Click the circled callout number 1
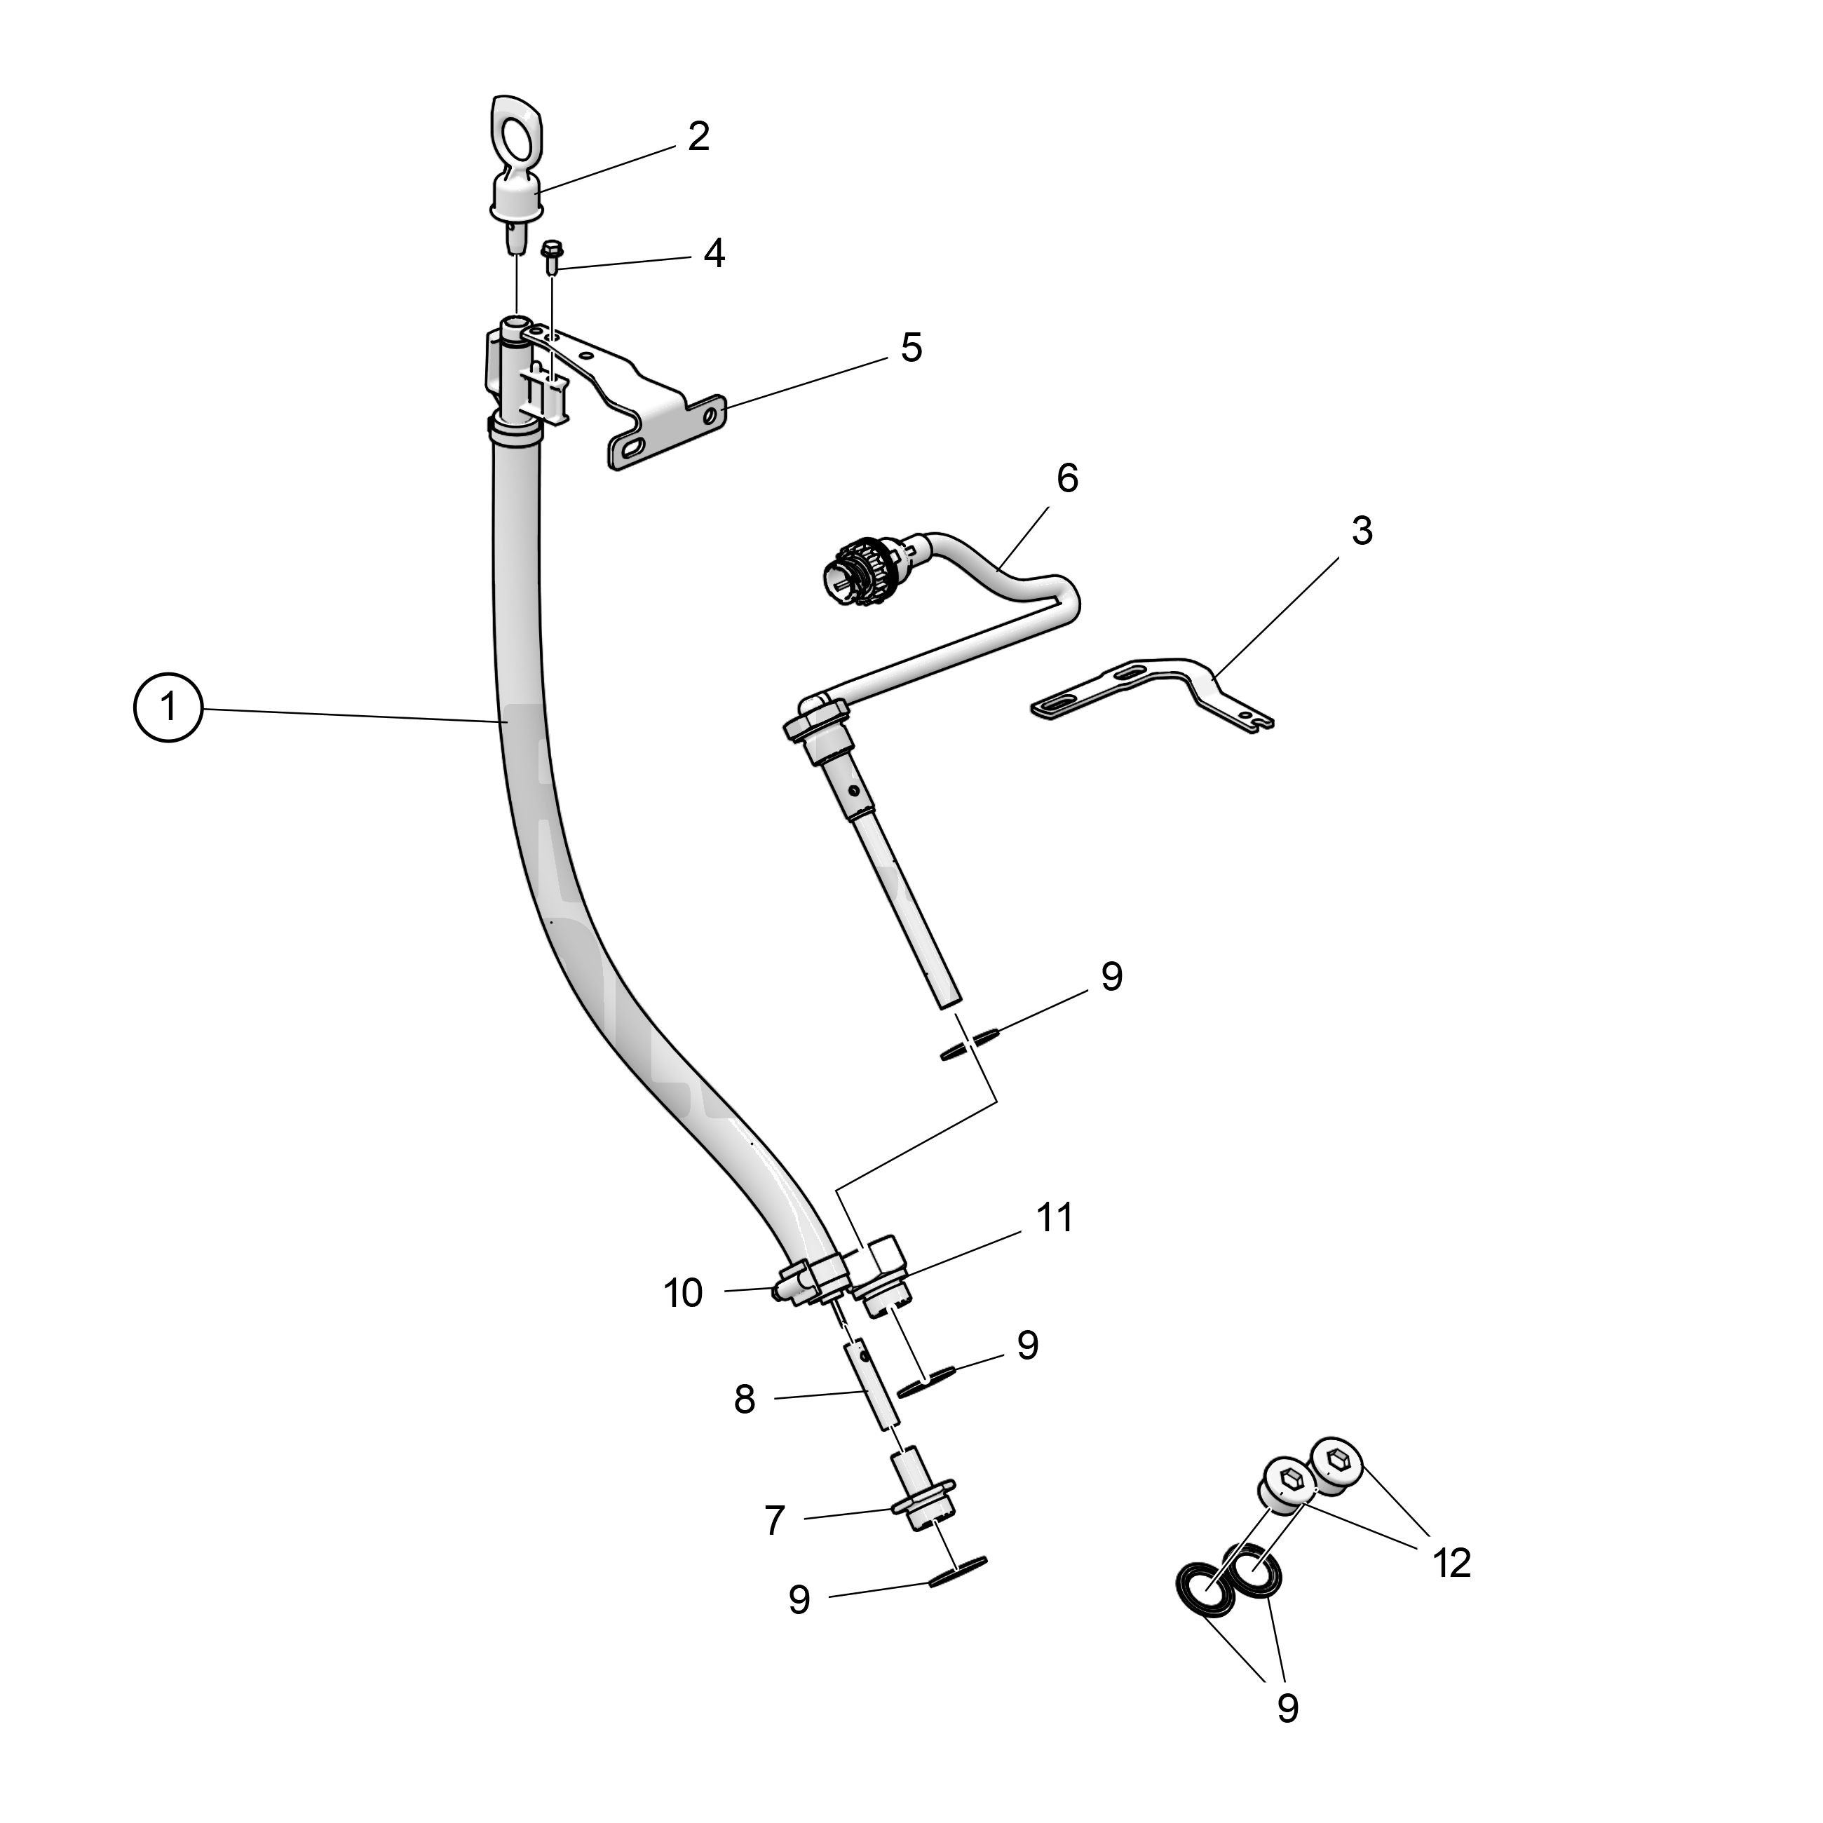pyautogui.click(x=169, y=706)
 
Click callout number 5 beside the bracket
pyautogui.click(x=911, y=348)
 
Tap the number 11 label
pyautogui.click(x=1055, y=1218)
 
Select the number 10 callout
pyautogui.click(x=683, y=1294)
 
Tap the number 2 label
pyautogui.click(x=698, y=137)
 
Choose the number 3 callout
pyautogui.click(x=1362, y=531)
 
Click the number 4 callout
pyautogui.click(x=714, y=254)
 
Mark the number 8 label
pyautogui.click(x=745, y=1400)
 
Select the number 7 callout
pyautogui.click(x=775, y=1520)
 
